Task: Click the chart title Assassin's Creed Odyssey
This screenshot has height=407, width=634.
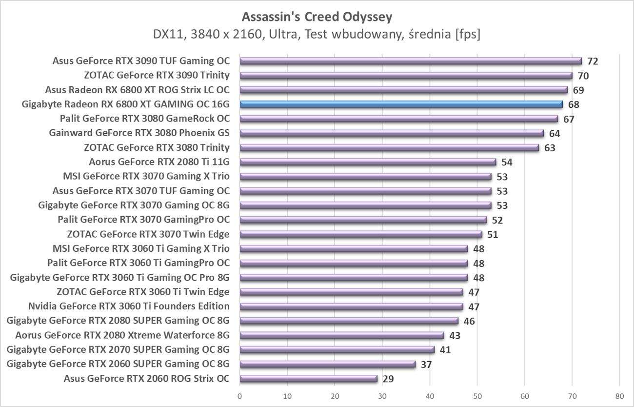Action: point(317,17)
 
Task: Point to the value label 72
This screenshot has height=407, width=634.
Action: point(593,61)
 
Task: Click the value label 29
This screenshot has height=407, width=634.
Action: point(388,379)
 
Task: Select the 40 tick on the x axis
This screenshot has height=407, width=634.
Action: point(430,395)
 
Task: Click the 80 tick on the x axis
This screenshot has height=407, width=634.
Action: point(619,395)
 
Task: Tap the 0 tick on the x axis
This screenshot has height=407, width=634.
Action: point(240,395)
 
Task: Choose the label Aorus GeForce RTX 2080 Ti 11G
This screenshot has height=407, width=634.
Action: point(159,162)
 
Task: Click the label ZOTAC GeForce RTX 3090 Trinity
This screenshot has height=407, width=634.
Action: point(157,76)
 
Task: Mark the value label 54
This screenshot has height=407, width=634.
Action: point(507,163)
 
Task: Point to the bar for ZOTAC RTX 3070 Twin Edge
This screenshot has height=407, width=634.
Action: point(361,234)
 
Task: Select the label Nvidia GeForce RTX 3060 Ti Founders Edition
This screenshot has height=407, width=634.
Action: point(129,306)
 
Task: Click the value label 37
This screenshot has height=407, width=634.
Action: point(426,365)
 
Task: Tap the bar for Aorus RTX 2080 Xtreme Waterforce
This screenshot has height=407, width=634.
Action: point(342,335)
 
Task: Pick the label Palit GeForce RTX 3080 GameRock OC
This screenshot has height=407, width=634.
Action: point(144,119)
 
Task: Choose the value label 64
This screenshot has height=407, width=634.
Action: point(555,134)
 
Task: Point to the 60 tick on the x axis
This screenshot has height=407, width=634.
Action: point(525,395)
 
